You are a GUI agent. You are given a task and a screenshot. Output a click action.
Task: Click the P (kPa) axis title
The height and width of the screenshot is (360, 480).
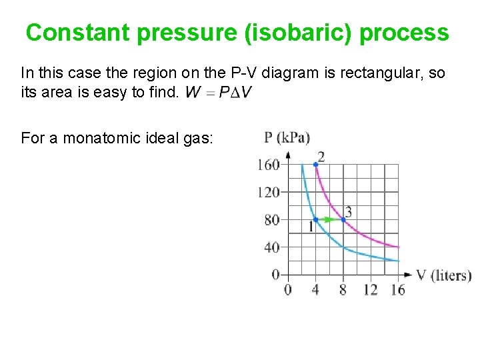[287, 138]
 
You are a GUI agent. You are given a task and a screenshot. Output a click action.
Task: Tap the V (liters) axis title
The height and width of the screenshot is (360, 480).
[443, 275]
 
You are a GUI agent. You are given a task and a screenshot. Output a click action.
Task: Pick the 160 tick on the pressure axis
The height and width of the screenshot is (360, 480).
[269, 165]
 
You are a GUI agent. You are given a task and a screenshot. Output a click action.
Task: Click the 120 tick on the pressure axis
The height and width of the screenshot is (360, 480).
[269, 193]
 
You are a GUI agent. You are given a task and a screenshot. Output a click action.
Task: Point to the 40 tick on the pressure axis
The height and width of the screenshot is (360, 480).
[272, 247]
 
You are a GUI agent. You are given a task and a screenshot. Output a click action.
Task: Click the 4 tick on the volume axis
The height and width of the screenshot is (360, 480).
[315, 289]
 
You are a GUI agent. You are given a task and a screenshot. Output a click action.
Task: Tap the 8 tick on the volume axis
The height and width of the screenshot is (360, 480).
[343, 289]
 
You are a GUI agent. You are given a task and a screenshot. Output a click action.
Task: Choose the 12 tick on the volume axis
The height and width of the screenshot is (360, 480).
[371, 289]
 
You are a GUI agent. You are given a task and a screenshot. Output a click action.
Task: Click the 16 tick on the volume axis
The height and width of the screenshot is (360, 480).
[398, 289]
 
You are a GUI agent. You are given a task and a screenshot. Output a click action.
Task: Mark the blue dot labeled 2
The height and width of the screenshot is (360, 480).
[315, 165]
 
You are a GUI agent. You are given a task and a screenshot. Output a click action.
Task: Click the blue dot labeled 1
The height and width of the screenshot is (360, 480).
[315, 219]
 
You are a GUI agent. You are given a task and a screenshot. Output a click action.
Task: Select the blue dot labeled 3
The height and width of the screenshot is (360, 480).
[343, 219]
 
